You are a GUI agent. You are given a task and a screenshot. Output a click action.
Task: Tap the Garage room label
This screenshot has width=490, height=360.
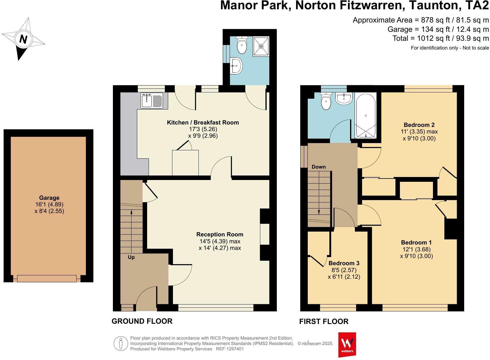click(49, 198)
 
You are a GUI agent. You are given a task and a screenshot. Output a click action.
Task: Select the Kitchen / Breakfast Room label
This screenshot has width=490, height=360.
click(203, 122)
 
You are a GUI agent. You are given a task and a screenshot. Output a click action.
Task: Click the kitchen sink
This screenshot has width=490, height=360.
click(152, 100)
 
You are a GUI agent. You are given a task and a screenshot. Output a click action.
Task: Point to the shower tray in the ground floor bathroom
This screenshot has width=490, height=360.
click(261, 46)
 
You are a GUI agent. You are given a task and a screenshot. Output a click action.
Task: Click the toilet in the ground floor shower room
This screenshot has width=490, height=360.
click(242, 45)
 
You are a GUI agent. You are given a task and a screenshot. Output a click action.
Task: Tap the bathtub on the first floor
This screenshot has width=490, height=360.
click(365, 115)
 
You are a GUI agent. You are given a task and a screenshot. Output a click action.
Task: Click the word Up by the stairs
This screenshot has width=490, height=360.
click(131, 257)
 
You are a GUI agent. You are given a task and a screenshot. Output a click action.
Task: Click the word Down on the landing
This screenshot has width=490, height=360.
click(319, 167)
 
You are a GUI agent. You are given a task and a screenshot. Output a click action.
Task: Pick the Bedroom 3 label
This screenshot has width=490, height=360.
click(344, 263)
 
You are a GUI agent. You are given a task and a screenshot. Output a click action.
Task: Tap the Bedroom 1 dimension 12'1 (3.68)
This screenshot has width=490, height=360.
click(416, 249)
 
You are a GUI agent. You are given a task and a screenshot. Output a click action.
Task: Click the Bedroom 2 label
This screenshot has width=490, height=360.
click(419, 125)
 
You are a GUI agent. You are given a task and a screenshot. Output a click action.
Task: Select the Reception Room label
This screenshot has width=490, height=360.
click(220, 234)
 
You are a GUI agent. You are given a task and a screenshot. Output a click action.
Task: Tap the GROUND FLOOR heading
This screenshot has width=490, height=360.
click(142, 321)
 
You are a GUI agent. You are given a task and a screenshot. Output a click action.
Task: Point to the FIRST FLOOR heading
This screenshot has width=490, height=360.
click(324, 322)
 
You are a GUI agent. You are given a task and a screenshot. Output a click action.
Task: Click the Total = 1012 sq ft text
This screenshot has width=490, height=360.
click(440, 38)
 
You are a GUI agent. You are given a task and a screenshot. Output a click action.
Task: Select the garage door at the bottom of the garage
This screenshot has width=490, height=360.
click(47, 279)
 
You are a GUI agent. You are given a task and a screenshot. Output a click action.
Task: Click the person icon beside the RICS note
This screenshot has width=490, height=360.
click(121, 343)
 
